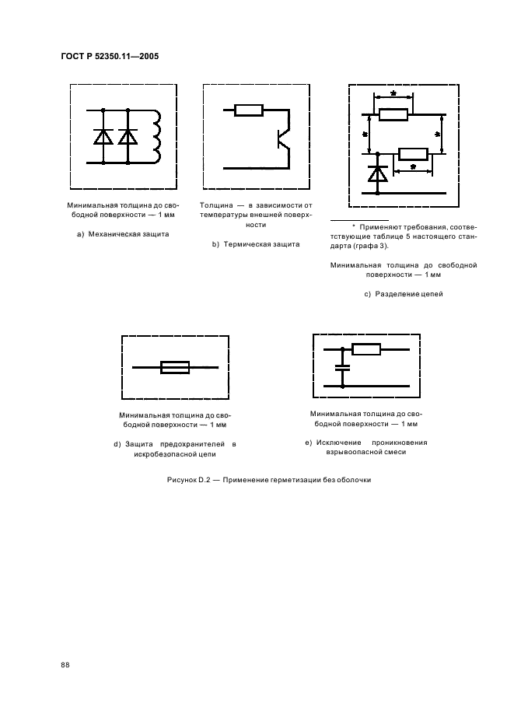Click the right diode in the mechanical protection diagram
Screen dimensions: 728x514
pos(127,137)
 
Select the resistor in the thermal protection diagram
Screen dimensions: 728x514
pos(249,110)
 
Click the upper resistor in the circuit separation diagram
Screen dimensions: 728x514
pos(393,114)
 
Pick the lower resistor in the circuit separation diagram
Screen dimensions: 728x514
pos(411,153)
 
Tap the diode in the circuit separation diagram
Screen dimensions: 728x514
pos(378,173)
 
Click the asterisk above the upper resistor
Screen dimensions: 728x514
pos(393,95)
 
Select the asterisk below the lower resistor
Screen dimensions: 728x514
pos(412,167)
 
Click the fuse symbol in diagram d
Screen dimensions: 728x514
pos(175,367)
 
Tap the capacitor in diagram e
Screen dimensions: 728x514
pos(341,366)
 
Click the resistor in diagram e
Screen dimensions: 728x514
pos(365,349)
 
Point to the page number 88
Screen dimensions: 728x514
pos(65,664)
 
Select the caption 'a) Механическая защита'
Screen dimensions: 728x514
pos(124,233)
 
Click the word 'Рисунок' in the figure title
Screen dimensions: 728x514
pos(184,479)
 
